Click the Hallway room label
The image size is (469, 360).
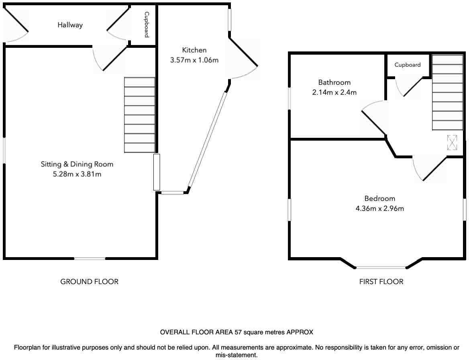coord(70,25)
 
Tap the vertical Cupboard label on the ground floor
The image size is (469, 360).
coord(147,25)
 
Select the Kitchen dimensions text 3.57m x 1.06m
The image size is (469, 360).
coord(194,60)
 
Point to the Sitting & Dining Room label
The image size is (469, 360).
coord(77,164)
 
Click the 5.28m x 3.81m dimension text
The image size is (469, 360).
coord(77,174)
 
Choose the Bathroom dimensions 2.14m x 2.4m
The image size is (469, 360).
coord(334,92)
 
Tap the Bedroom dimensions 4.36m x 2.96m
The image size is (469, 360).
coord(380,208)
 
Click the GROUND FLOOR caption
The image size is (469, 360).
coord(89,282)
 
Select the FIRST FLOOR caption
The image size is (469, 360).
coord(381,282)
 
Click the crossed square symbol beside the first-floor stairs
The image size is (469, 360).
coord(452,142)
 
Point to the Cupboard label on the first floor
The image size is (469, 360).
coord(408,65)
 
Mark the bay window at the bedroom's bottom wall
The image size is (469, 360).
coord(381,267)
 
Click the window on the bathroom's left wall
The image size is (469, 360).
coord(290,98)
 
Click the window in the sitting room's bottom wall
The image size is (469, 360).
coord(90,258)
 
